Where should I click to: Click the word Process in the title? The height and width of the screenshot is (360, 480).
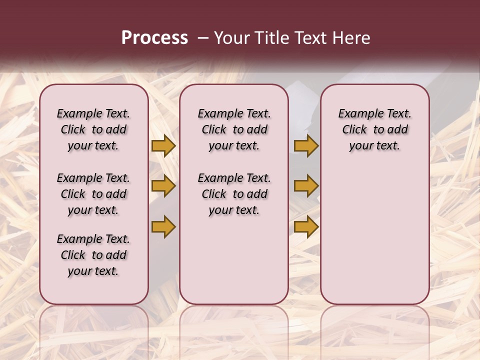click(154, 37)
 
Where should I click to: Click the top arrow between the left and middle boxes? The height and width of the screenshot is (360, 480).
click(163, 145)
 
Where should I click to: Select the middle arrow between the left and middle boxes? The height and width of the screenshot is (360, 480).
click(163, 186)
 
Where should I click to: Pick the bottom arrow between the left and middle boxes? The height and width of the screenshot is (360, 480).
click(163, 226)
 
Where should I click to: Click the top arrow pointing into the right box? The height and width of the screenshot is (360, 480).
click(306, 145)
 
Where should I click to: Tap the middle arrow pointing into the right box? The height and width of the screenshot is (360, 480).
click(306, 186)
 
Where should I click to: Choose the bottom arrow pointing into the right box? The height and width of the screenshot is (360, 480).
click(306, 226)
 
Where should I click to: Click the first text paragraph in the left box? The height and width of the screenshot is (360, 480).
click(93, 129)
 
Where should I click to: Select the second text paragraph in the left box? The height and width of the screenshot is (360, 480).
click(93, 194)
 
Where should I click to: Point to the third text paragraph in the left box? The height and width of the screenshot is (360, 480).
click(93, 255)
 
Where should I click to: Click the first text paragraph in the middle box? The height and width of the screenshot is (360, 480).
click(234, 129)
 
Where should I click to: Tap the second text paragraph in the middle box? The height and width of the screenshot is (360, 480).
click(234, 194)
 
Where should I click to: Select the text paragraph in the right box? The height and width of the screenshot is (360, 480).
click(375, 129)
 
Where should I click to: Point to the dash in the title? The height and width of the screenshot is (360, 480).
click(203, 37)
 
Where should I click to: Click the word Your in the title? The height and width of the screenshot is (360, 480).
click(231, 37)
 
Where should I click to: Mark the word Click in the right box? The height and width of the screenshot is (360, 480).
click(354, 130)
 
